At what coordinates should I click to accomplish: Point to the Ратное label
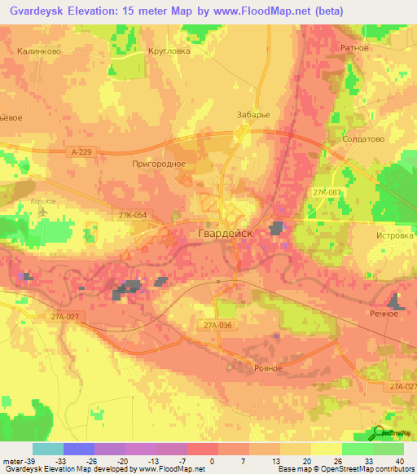[354, 48]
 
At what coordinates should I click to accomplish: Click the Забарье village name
[252, 115]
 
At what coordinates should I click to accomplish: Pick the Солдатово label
[364, 139]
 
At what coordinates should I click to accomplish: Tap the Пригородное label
[159, 164]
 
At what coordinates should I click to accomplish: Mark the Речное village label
[384, 313]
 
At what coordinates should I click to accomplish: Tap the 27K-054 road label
[132, 215]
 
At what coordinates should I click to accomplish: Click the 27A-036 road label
[219, 324]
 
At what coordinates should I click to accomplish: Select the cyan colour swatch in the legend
[48, 449]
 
